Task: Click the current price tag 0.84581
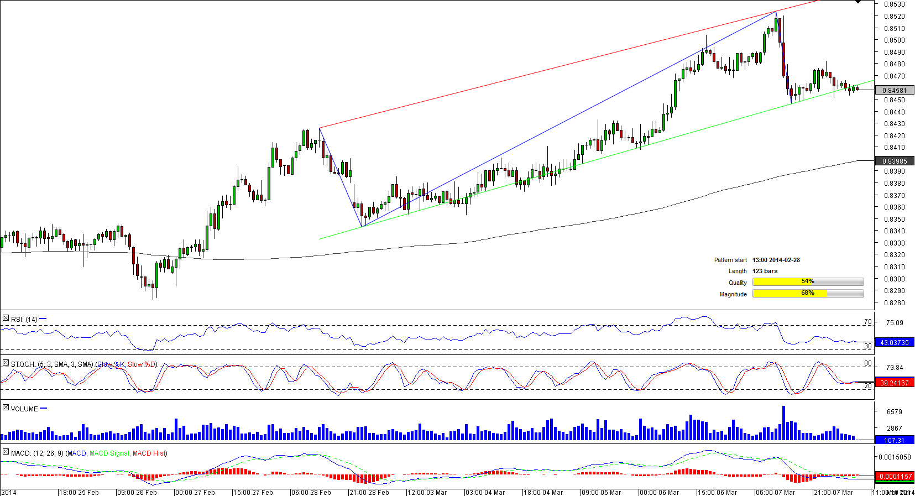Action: tap(894, 90)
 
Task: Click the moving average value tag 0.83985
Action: tap(894, 161)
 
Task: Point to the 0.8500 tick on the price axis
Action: tap(894, 40)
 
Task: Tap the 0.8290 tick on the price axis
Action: tap(894, 291)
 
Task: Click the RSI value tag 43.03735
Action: tap(894, 343)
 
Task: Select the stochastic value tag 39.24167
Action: tap(894, 383)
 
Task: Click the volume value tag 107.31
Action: tap(894, 440)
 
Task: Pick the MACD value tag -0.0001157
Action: tap(894, 477)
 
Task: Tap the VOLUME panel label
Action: tap(24, 409)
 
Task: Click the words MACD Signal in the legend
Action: tap(109, 453)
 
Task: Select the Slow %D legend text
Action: tap(142, 364)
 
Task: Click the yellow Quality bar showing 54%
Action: tap(808, 282)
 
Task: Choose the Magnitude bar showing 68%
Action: tap(808, 294)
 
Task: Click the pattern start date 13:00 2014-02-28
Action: tap(776, 260)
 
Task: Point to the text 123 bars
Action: tap(765, 271)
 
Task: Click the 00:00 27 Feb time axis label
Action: tap(195, 492)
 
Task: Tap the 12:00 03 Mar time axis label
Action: tap(427, 492)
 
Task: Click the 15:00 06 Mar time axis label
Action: tap(717, 492)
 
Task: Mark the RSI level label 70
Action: tap(867, 322)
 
